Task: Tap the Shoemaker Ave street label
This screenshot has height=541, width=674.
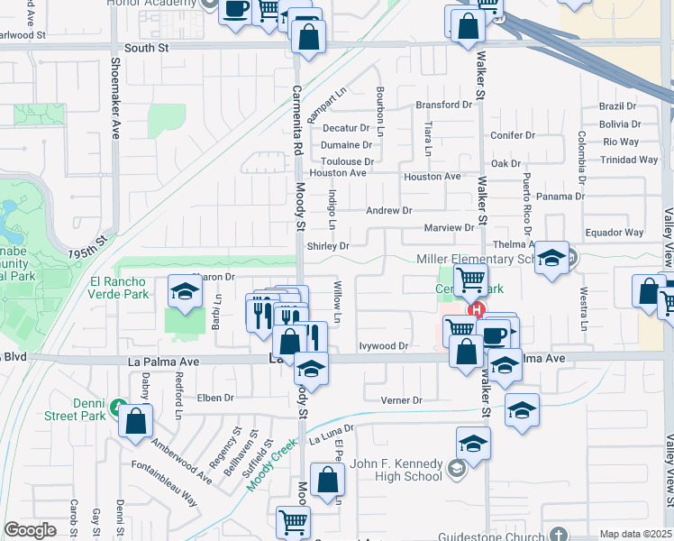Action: click(115, 98)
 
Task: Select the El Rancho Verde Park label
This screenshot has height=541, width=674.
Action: click(131, 288)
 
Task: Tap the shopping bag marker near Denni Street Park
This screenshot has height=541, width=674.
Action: click(135, 421)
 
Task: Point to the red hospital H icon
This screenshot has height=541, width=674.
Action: click(477, 310)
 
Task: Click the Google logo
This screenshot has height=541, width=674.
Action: click(30, 529)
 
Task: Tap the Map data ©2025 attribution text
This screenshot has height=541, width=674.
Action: click(636, 534)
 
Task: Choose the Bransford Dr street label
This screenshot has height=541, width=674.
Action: click(443, 105)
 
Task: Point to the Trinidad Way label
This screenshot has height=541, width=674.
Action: click(630, 160)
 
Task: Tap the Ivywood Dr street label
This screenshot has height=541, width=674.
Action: click(384, 345)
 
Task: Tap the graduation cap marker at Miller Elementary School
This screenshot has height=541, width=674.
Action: click(551, 259)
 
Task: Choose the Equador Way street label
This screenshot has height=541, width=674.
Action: click(614, 233)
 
